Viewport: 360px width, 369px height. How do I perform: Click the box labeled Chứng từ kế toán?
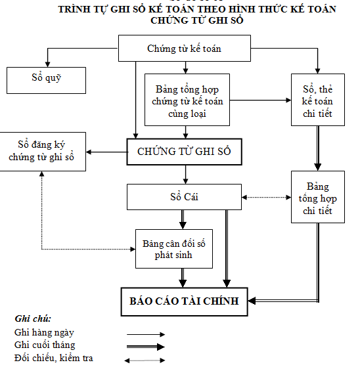pos(184,48)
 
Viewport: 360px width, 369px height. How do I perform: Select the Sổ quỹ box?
pos(45,79)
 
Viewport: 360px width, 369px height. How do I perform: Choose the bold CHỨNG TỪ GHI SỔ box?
pos(185,152)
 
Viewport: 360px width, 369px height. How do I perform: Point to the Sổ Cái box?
pos(184,196)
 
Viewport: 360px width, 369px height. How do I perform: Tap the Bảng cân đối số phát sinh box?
pos(174,248)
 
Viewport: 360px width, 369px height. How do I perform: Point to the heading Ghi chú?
pos(33,319)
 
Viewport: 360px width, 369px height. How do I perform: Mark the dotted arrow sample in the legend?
pos(145,359)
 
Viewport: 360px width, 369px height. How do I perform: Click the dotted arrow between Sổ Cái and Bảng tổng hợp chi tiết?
pos(266,197)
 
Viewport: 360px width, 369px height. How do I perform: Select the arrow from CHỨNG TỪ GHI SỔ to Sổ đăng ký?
pos(106,152)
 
